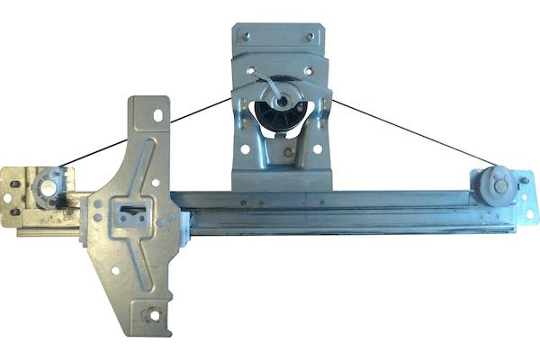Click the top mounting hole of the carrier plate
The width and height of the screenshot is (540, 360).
point(158,116)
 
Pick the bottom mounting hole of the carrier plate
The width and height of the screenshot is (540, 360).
point(152,316)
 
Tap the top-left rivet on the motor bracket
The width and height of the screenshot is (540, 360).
point(244,35)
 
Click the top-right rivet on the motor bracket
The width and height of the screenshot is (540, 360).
point(310,36)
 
